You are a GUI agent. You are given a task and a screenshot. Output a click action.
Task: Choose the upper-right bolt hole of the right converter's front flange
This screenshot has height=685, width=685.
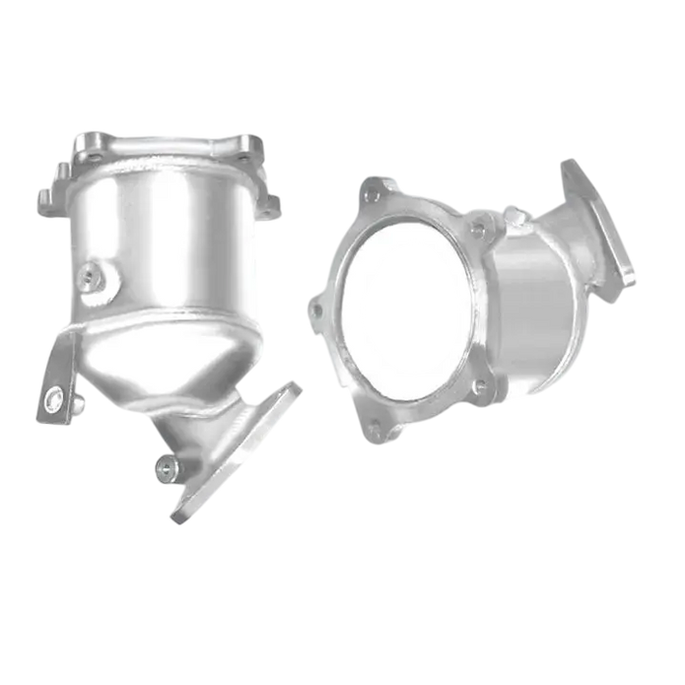pyautogui.click(x=478, y=231)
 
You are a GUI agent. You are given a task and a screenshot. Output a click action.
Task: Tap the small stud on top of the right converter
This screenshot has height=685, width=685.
pyautogui.click(x=512, y=209)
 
